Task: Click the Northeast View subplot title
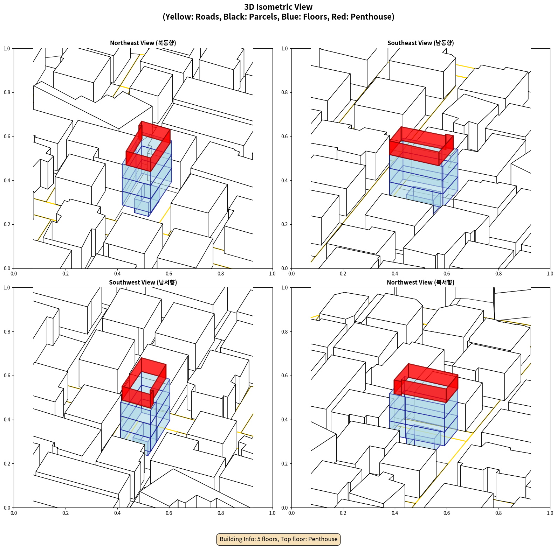coord(143,43)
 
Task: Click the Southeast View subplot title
coord(420,43)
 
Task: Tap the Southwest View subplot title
coord(143,282)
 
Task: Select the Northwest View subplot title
coord(420,282)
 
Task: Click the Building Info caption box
coord(278,539)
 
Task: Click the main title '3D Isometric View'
coord(278,7)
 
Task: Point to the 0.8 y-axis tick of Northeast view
coord(7,92)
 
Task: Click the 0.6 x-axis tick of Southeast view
coord(447,274)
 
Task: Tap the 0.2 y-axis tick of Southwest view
coord(7,463)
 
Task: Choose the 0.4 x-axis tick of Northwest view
coord(395,513)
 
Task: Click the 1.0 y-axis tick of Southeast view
coord(284,48)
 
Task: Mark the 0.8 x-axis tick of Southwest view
coord(221,513)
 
